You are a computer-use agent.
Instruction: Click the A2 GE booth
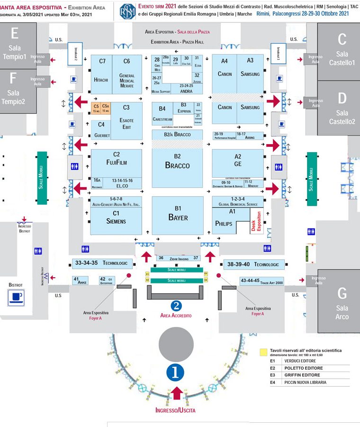click(237, 161)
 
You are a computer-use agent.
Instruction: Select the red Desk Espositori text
click(256, 221)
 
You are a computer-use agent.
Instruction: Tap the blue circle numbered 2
click(176, 306)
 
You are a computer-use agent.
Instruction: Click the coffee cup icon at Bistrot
click(17, 298)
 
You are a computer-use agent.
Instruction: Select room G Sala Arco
click(342, 303)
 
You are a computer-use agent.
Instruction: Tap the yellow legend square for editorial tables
click(263, 352)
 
